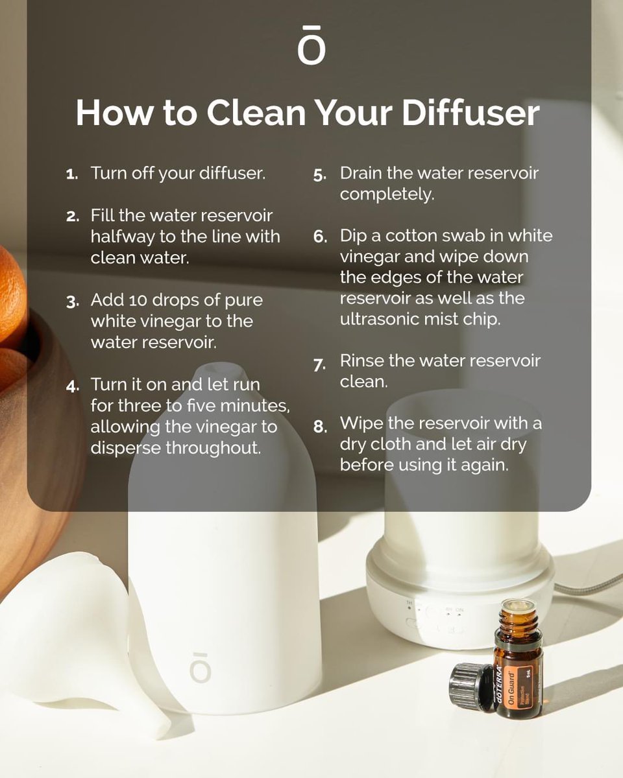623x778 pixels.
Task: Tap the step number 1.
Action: pos(72,175)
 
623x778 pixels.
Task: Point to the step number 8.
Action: pos(319,427)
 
